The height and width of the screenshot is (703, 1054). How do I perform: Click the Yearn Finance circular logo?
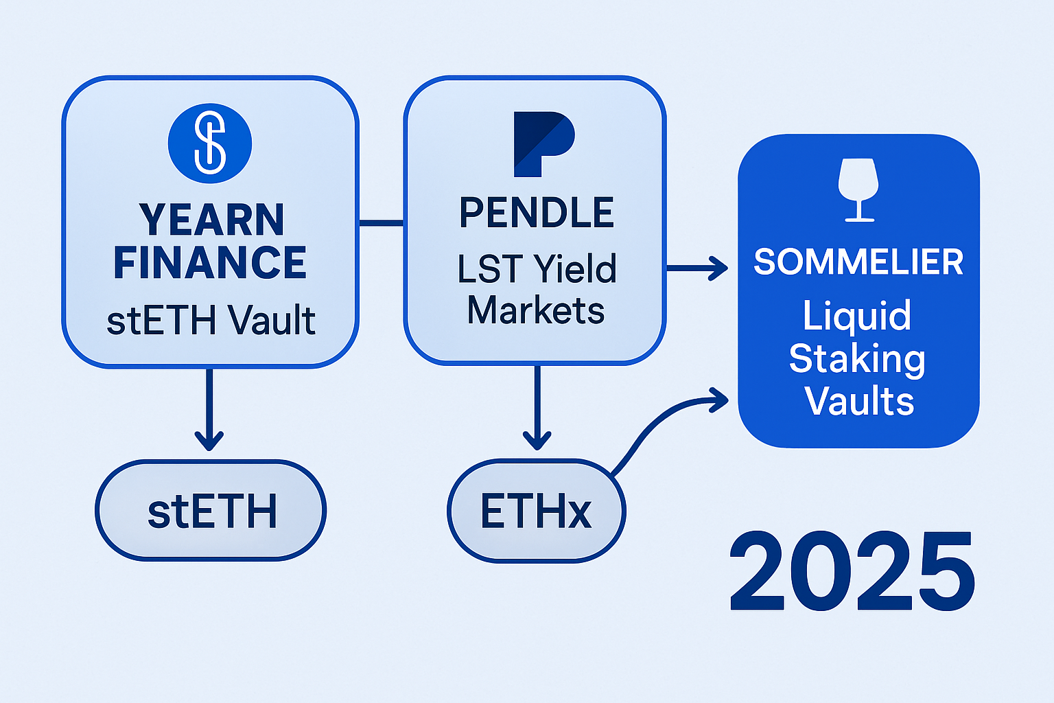(210, 143)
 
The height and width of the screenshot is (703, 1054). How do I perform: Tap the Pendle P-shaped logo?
(543, 143)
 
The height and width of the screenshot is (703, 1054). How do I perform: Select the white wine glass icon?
(858, 189)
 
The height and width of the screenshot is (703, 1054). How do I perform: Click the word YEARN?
(211, 220)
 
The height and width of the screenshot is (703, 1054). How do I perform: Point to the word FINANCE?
(210, 263)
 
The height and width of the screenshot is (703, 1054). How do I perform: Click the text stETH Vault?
(211, 321)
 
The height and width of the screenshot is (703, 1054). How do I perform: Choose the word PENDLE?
(537, 213)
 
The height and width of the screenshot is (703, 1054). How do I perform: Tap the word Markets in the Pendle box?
(536, 310)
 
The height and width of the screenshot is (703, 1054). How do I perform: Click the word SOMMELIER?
(858, 262)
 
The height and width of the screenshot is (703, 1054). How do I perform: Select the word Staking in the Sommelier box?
(857, 358)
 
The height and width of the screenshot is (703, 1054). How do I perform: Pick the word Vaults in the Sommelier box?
(859, 402)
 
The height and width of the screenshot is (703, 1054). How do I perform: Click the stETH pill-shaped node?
(211, 511)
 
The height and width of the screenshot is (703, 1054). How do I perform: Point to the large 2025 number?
(852, 571)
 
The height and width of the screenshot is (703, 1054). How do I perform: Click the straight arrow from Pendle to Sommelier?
(696, 268)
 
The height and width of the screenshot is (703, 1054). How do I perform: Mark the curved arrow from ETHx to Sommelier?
(659, 419)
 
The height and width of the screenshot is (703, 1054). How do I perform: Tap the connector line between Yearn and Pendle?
(382, 222)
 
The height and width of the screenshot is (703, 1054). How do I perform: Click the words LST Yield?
(537, 268)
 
